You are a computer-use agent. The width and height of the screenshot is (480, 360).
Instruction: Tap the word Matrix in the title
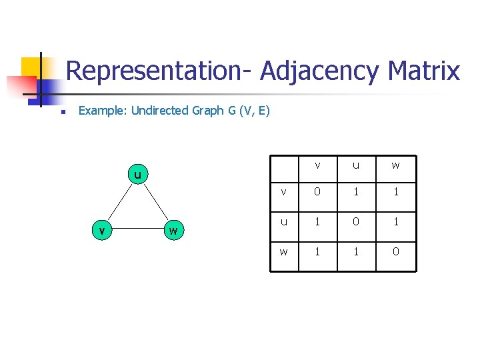point(423,71)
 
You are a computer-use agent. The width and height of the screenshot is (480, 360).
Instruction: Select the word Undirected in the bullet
point(160,111)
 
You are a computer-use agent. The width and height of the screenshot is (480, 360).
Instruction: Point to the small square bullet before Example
point(60,112)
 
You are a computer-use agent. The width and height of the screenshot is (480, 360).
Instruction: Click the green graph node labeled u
point(137,176)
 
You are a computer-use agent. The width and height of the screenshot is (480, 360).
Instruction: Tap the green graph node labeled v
point(101,231)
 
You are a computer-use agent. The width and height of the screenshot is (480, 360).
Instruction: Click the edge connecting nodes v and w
point(137,231)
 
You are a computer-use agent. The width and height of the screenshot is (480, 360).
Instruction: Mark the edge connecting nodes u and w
point(155,203)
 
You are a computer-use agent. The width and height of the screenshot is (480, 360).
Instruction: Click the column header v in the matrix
point(317,165)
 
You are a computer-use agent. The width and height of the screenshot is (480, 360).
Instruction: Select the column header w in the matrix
point(395,165)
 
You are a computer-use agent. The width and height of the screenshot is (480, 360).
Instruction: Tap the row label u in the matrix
point(284,221)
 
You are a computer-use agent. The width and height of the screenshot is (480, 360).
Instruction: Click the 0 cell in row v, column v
point(317,193)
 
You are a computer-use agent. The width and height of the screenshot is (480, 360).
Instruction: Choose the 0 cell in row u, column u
point(356,221)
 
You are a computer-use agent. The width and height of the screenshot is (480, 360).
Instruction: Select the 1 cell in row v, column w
point(395,193)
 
